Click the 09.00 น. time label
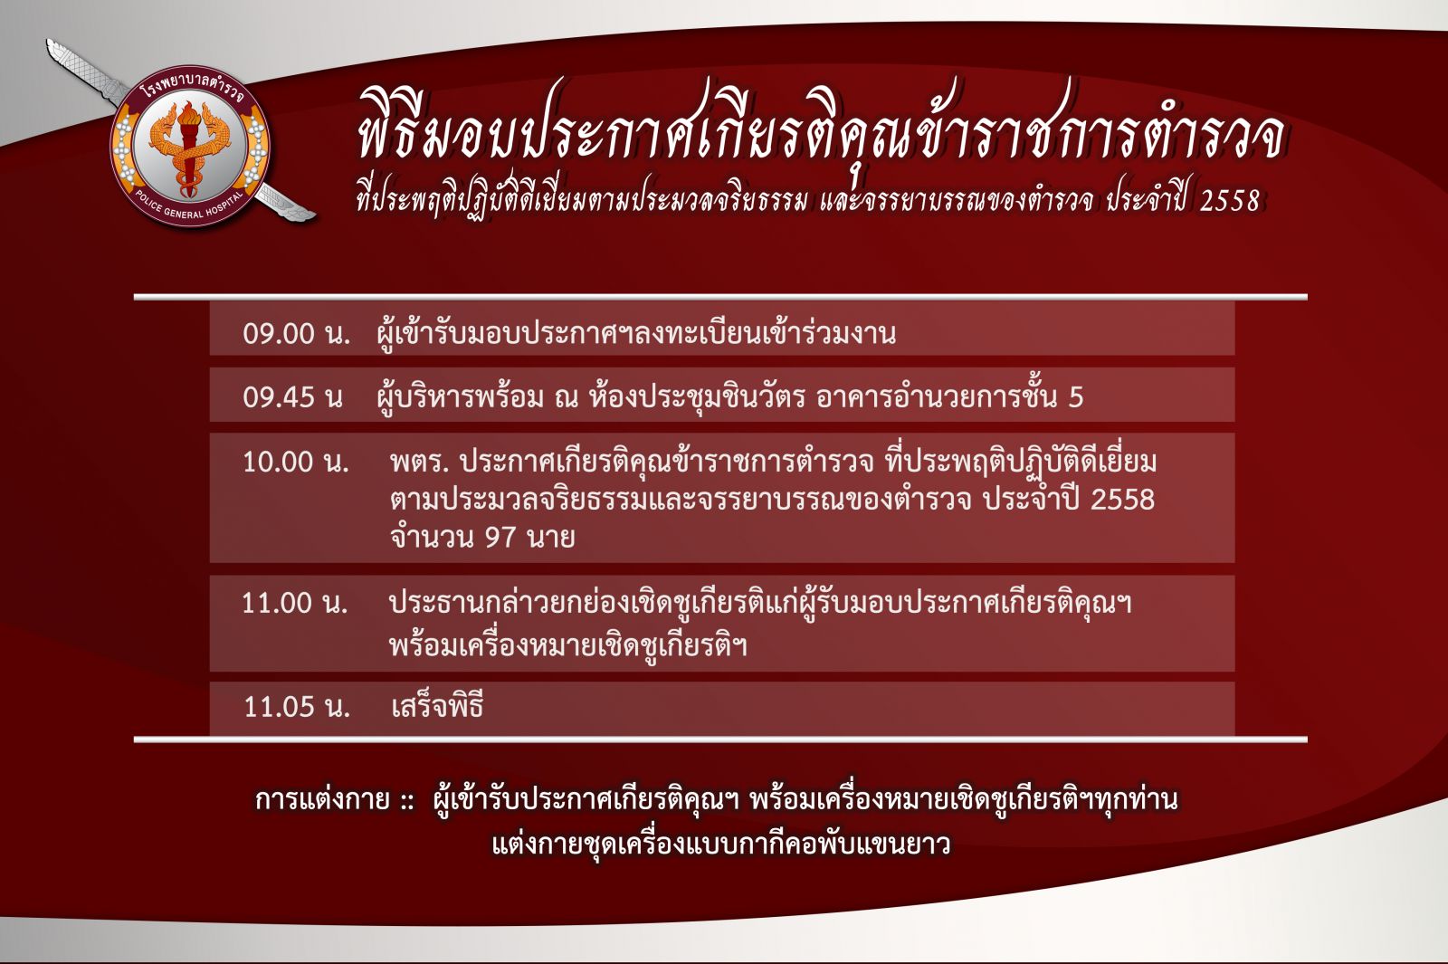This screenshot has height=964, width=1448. point(297,334)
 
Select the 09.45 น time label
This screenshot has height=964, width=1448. point(292,396)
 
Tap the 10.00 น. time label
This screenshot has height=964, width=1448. point(295,462)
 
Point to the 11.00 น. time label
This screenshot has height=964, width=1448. point(295,603)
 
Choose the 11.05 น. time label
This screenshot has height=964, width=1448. point(297,706)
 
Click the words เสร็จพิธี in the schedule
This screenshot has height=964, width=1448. point(438,705)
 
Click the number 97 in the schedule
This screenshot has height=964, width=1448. point(500,538)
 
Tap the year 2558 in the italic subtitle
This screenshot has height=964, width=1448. point(1230,201)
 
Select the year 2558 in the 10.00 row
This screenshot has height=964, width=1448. point(1122,500)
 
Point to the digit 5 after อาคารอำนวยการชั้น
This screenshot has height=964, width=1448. point(1076,397)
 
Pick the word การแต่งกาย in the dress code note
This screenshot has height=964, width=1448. point(322,799)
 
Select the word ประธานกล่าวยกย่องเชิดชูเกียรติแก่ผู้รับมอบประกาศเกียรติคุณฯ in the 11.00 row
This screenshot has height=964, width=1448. point(760,604)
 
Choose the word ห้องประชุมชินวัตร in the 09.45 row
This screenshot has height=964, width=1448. point(697,396)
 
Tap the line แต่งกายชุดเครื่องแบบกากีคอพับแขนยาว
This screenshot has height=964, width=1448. point(721,843)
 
